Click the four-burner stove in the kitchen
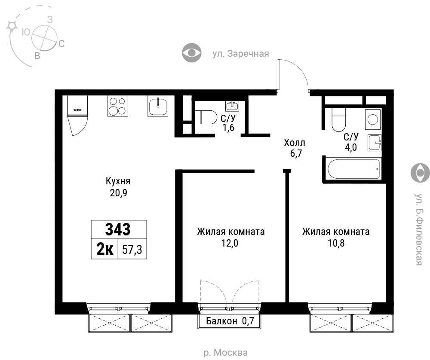[118, 106]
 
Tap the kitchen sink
[158, 106]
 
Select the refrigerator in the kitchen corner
[77, 115]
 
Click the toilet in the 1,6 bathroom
[206, 117]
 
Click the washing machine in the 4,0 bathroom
[373, 119]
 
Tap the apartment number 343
[118, 229]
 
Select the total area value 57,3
[132, 250]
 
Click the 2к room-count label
[105, 249]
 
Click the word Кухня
[118, 181]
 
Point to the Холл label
[295, 143]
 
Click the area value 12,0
[230, 243]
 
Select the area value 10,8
[336, 243]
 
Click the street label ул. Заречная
[241, 54]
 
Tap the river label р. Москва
[226, 352]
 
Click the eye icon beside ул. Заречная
[192, 52]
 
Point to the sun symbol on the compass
[12, 26]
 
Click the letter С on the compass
[61, 43]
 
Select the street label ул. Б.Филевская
[418, 229]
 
